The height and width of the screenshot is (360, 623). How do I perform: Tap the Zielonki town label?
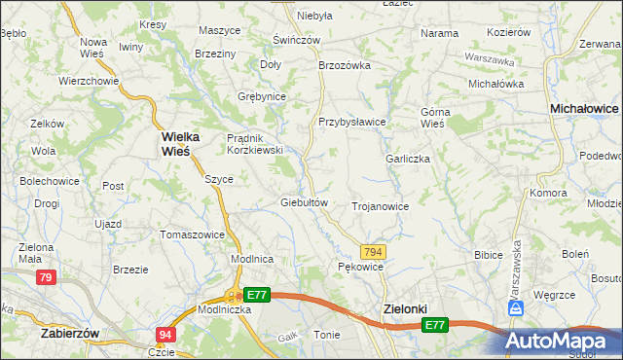point(401,309)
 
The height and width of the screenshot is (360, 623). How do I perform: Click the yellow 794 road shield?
point(374,252)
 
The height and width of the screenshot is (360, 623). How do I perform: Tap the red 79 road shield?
point(45,278)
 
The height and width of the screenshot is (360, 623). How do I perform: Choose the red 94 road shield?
point(165,335)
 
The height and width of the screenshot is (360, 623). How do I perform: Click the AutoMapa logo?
point(558,341)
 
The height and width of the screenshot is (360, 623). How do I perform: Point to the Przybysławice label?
point(352,122)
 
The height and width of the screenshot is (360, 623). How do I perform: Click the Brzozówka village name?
point(346,66)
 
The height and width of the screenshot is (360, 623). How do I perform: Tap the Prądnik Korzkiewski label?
point(254,144)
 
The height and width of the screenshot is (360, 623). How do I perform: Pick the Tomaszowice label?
point(192,234)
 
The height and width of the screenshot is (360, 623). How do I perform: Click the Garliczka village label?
point(408,159)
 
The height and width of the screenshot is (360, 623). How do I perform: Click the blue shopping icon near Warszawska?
point(516,307)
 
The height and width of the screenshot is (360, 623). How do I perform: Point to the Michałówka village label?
point(496,84)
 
